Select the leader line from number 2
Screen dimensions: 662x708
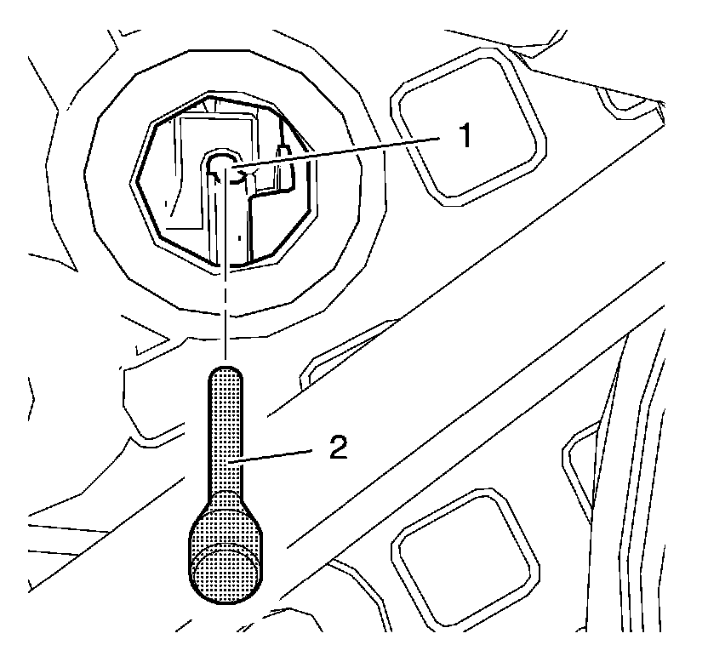(281, 458)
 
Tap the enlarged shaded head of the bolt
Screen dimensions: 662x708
(224, 545)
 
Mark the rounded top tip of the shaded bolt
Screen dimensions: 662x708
(226, 374)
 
